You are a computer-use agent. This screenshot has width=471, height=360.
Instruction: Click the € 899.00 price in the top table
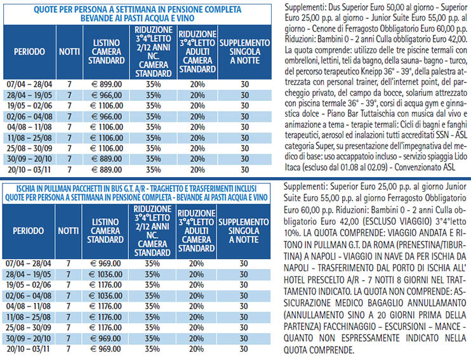pos(107,84)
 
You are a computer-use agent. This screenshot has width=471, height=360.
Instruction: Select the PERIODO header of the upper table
pos(29,51)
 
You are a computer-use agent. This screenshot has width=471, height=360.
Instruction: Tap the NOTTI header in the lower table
pos(68,230)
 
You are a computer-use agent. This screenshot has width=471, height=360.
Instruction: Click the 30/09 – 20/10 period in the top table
pos(29,159)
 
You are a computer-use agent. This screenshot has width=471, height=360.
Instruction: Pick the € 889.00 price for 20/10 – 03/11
pos(107,170)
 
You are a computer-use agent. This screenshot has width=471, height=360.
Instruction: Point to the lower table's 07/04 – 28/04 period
pos(29,263)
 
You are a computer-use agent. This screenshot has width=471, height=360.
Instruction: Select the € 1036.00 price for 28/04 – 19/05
pos(105,274)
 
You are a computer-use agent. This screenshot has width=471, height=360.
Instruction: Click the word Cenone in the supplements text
pos(325,29)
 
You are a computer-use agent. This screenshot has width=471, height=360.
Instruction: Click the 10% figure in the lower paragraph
pos(291,233)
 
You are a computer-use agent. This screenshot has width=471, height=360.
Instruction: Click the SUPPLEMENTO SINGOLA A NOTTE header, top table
pos(245,51)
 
